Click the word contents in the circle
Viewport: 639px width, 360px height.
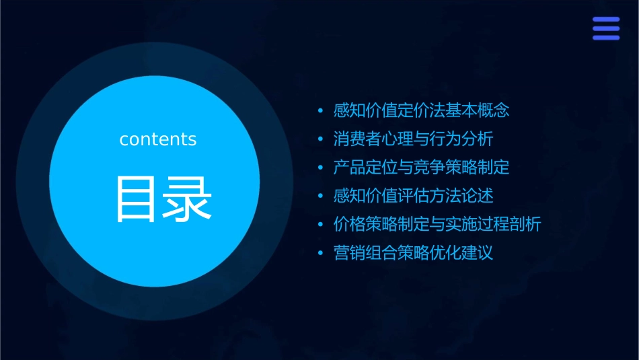(x=158, y=139)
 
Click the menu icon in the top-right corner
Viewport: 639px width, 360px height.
(x=605, y=28)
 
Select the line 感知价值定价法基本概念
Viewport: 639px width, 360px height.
(x=422, y=110)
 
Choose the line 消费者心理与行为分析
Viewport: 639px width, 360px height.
(x=414, y=139)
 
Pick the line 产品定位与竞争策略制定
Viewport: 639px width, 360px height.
(x=422, y=168)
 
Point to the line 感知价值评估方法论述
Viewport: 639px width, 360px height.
(x=414, y=196)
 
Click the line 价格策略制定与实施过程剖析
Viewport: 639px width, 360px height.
(x=437, y=225)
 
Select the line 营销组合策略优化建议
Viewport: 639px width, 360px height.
(x=414, y=253)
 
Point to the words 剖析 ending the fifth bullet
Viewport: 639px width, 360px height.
(x=525, y=225)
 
